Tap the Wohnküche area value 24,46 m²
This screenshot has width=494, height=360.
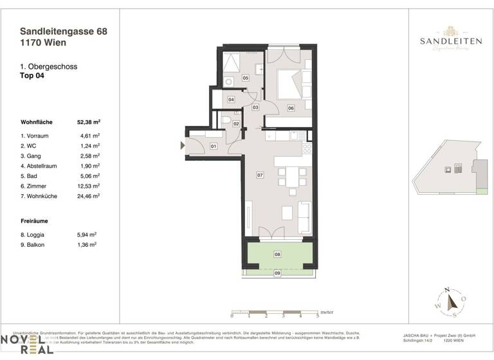pyautogui.click(x=89, y=196)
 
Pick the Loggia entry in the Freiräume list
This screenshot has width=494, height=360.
pyautogui.click(x=35, y=235)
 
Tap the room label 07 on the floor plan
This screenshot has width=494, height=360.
pyautogui.click(x=260, y=174)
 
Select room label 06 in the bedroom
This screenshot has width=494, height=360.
pyautogui.click(x=291, y=108)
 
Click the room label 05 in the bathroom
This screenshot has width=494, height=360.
pyautogui.click(x=245, y=78)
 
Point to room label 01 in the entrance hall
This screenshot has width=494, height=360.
pyautogui.click(x=214, y=147)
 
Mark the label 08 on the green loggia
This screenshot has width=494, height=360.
pyautogui.click(x=277, y=255)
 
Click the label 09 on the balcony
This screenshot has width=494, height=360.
pyautogui.click(x=277, y=274)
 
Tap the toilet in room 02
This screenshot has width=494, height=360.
pyautogui.click(x=226, y=121)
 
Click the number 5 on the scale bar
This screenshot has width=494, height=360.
pyautogui.click(x=317, y=316)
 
